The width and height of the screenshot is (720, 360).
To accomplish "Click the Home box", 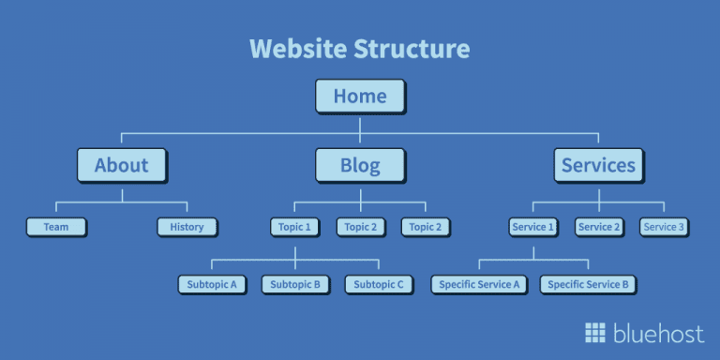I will [x=360, y=97].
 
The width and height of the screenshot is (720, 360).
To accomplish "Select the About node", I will [x=122, y=166].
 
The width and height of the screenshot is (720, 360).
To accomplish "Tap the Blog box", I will [x=360, y=166].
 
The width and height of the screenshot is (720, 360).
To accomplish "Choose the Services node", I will [x=598, y=166].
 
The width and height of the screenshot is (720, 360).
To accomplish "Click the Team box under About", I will [x=55, y=227].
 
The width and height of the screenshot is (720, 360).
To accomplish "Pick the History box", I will [x=187, y=227].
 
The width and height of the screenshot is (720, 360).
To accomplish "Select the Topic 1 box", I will [x=294, y=227].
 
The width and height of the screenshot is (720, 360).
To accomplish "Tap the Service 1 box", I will [x=532, y=227].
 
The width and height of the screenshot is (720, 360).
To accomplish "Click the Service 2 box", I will [x=598, y=227].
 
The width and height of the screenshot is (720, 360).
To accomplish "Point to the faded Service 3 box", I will [x=664, y=227].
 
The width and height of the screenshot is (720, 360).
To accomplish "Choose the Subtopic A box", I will [x=211, y=284].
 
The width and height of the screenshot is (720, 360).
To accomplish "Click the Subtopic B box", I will [x=294, y=284].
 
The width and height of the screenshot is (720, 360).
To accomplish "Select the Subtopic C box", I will [x=379, y=284].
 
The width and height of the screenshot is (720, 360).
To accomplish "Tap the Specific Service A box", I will [x=479, y=284].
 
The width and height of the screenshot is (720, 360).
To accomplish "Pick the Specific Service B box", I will [x=588, y=284].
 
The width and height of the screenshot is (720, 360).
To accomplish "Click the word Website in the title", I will [x=298, y=48].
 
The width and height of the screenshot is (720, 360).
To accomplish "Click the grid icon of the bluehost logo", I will [x=595, y=333].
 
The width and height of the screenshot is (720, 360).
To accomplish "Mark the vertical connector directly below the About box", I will [x=122, y=192].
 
